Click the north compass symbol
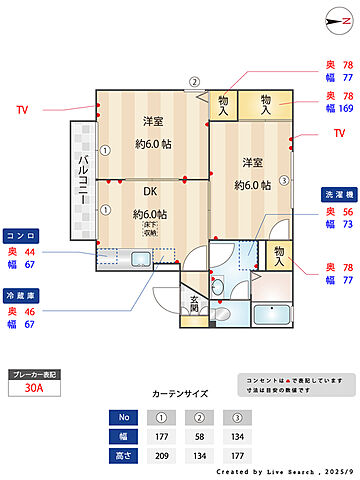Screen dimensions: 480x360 (x=335, y=21)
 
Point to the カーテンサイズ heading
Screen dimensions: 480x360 (x=180, y=394)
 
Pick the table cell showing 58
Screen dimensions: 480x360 (x=203, y=436)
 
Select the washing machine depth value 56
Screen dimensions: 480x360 (x=348, y=212)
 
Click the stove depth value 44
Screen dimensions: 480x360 (x=30, y=252)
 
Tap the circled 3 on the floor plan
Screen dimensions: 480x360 (x=283, y=181)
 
